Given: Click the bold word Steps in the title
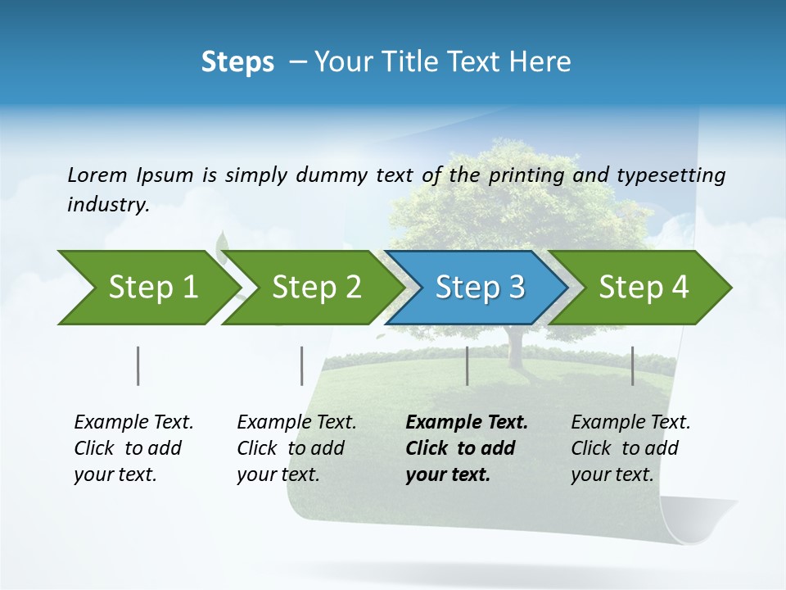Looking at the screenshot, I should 237,62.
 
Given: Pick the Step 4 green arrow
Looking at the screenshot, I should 644,288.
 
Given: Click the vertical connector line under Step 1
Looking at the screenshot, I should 138,365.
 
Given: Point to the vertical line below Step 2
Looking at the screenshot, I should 301,365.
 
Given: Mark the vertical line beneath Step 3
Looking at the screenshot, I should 467,365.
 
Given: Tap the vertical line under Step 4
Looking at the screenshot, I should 632,365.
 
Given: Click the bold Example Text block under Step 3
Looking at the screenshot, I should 467,448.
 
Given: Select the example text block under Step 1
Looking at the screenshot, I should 133,448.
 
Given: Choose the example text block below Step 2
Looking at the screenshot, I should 296,448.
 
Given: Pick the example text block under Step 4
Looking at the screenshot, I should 630,448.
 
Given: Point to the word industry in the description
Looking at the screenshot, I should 107,205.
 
